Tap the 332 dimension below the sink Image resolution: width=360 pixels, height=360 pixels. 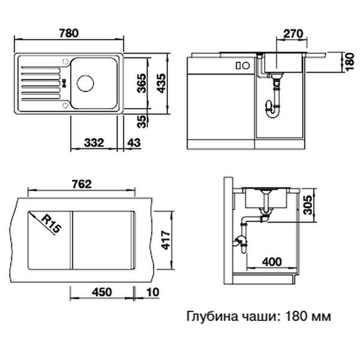click(95, 145)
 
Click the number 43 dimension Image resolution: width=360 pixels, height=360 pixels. click(134, 145)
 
